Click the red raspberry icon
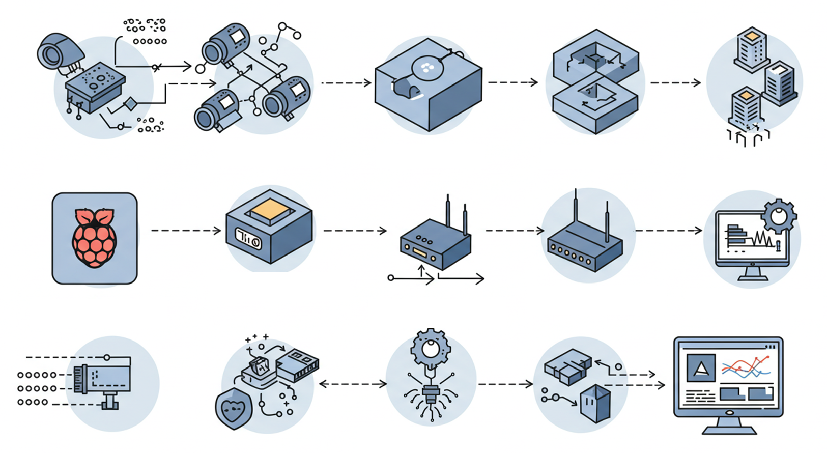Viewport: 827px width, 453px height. click(x=95, y=238)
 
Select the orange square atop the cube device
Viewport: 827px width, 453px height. click(x=270, y=209)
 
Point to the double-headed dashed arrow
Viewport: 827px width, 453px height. click(x=353, y=384)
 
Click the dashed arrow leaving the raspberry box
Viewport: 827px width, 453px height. click(x=186, y=231)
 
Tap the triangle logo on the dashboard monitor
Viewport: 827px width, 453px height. click(x=701, y=367)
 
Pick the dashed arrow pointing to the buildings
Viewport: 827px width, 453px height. click(x=675, y=82)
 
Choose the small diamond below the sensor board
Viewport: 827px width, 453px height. click(x=131, y=104)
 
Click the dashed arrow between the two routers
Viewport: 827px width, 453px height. click(x=515, y=231)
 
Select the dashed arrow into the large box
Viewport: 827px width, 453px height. click(x=347, y=82)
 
